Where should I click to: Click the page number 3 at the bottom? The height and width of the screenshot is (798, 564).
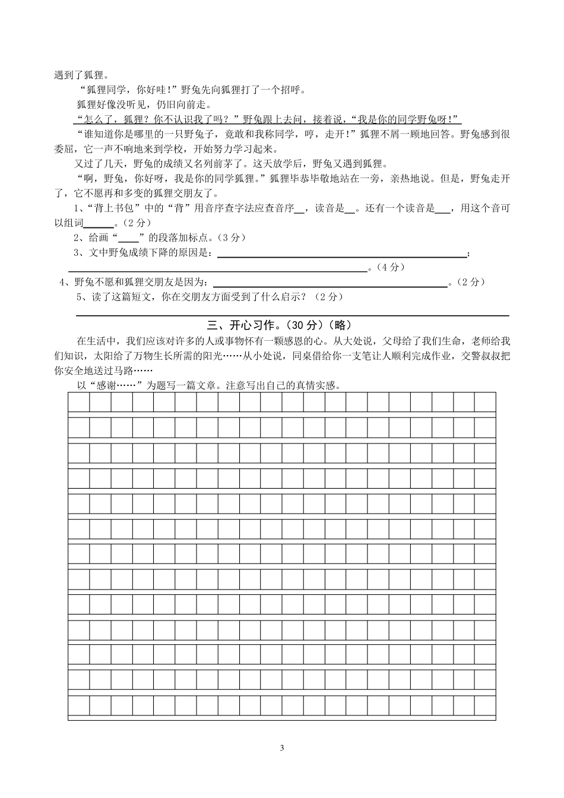(x=282, y=747)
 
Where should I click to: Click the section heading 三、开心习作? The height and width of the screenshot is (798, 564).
(x=245, y=325)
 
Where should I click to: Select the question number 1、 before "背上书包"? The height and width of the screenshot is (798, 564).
(x=78, y=208)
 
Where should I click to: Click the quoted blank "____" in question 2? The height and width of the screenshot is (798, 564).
(x=128, y=237)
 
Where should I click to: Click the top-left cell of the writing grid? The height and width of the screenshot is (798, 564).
(x=79, y=403)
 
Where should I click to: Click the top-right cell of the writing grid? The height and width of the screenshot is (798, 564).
(x=484, y=403)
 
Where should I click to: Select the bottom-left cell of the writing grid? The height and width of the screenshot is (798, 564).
(x=79, y=706)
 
